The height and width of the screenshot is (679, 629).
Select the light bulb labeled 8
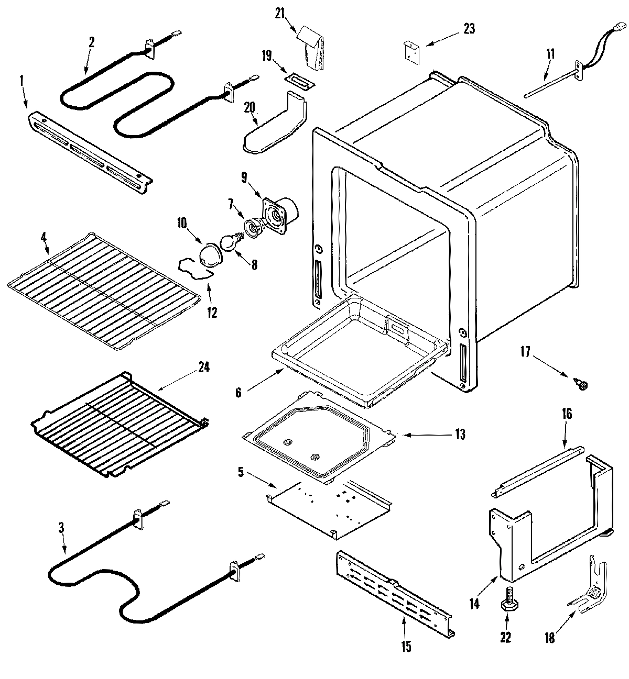click(x=229, y=242)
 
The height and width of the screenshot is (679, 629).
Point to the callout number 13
click(x=460, y=435)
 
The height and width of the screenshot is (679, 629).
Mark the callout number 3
click(x=61, y=529)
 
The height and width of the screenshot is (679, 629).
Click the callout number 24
click(x=203, y=368)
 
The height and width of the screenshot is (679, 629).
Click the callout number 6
click(x=237, y=392)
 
